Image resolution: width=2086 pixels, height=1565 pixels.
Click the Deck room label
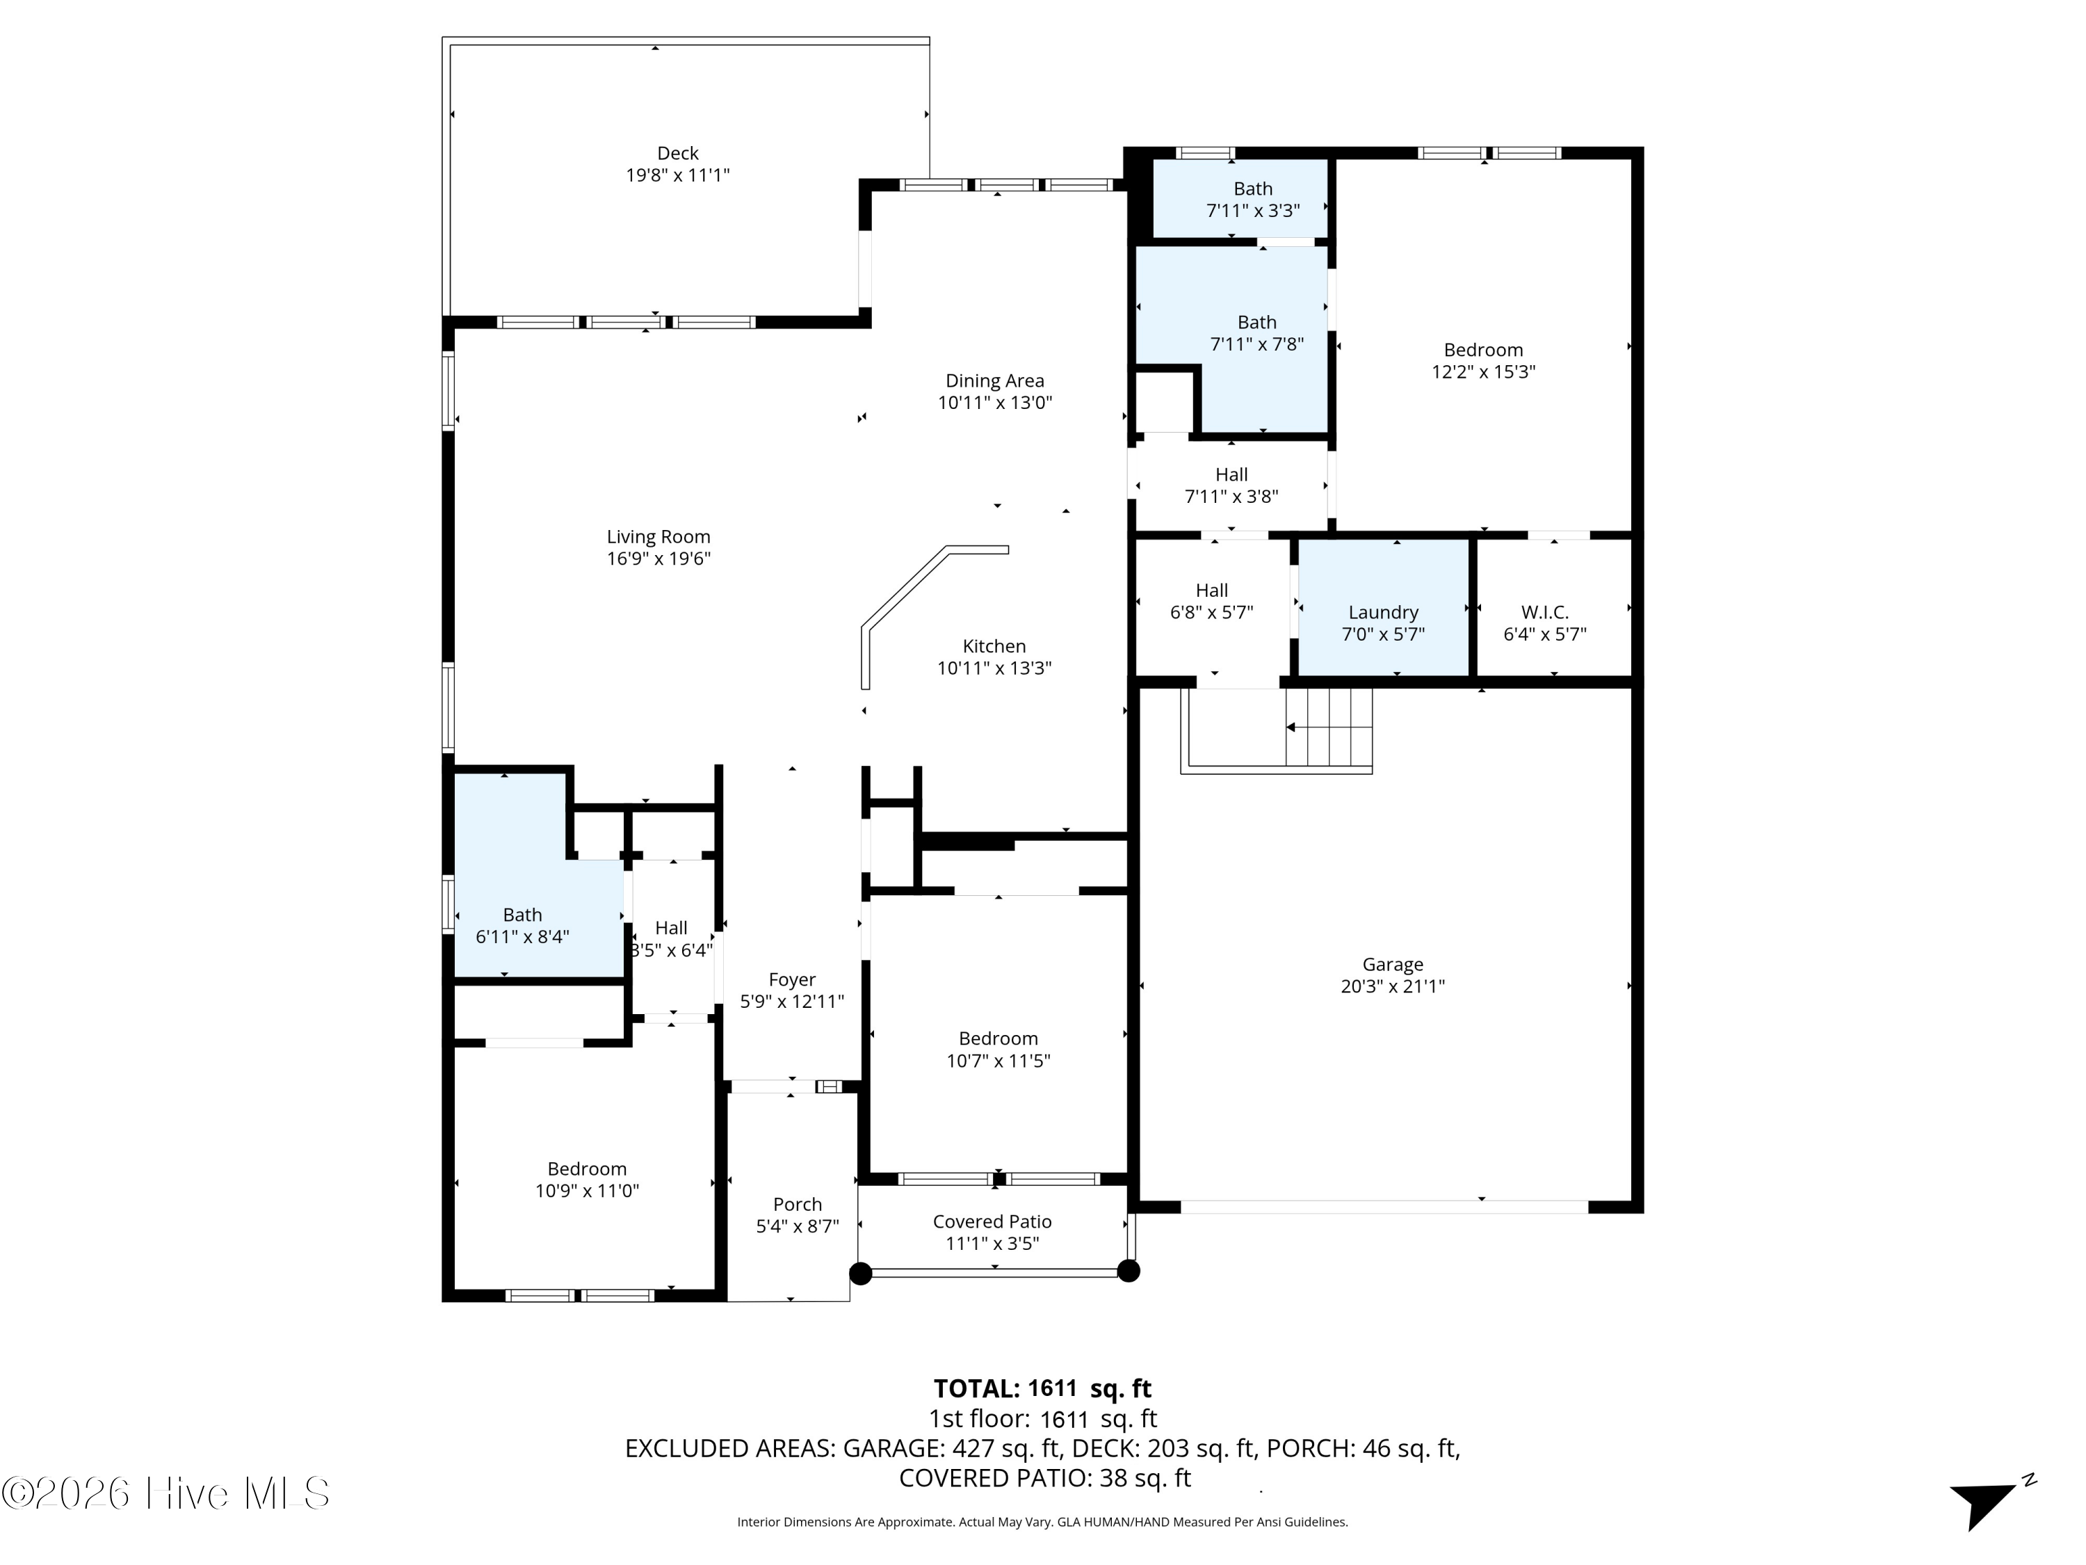(677, 153)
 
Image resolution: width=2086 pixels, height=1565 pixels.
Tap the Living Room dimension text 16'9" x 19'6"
(658, 559)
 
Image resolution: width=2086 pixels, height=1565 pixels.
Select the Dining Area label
(995, 381)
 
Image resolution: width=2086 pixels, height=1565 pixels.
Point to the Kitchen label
(994, 646)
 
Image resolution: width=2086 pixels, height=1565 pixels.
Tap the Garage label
(1393, 964)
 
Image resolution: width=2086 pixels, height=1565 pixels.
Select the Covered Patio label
(992, 1221)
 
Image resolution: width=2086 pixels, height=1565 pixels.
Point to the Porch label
(798, 1205)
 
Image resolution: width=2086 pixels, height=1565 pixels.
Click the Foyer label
(792, 980)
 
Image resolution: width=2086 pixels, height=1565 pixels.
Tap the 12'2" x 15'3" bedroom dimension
(1483, 371)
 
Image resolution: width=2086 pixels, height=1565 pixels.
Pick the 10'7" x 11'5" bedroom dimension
(998, 1060)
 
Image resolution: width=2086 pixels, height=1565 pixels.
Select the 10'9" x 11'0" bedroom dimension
(588, 1191)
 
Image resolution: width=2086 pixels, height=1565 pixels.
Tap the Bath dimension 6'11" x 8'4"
(522, 937)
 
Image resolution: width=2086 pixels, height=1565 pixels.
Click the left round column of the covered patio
(860, 1274)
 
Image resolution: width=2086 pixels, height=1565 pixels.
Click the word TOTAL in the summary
(977, 1388)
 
